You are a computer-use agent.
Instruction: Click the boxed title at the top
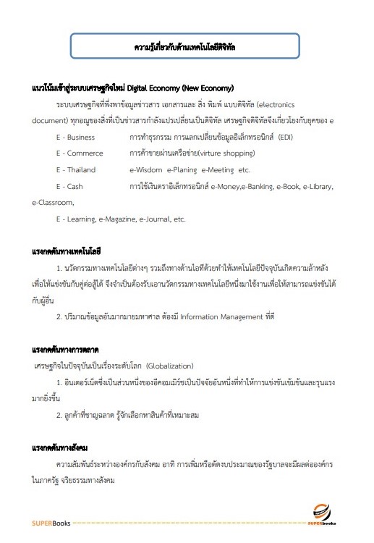click(187, 47)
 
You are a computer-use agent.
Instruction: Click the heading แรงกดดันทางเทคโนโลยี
click(66, 252)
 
